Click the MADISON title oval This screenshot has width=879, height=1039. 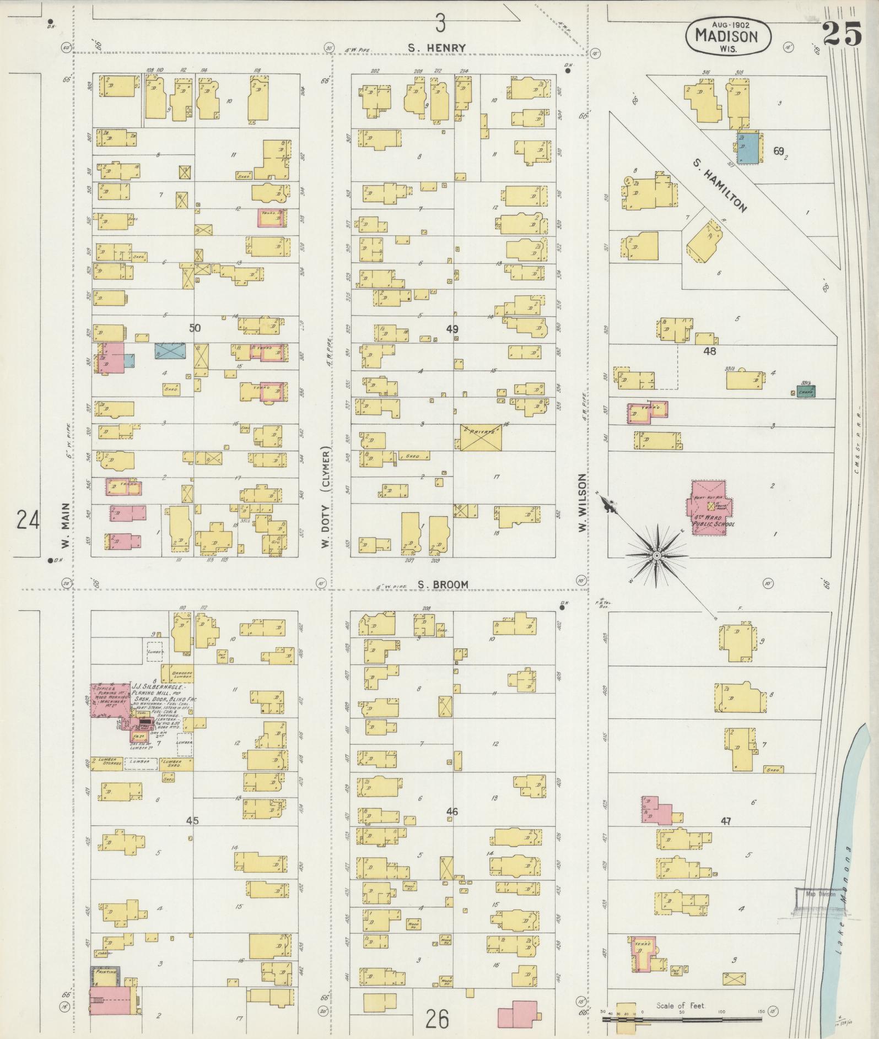(x=728, y=36)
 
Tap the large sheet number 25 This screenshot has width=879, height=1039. (x=843, y=35)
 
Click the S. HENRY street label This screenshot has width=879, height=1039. (x=436, y=48)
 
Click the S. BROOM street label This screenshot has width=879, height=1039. (x=443, y=585)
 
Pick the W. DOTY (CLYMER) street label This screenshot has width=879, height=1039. (x=326, y=497)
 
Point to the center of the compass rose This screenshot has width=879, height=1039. (x=657, y=556)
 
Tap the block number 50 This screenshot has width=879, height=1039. (x=195, y=328)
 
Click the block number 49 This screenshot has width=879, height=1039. (x=452, y=329)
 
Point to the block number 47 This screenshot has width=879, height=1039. (x=725, y=821)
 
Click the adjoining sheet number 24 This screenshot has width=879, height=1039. (x=28, y=519)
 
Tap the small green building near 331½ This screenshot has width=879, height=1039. (x=805, y=392)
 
